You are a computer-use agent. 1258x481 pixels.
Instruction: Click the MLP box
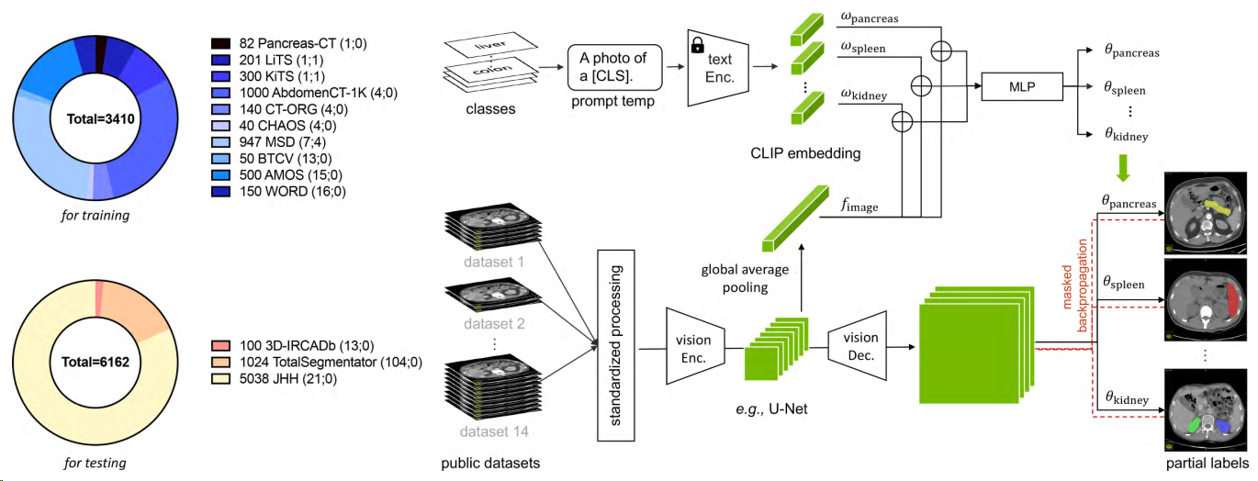(x=1019, y=87)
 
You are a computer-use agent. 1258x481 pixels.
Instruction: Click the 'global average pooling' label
(x=745, y=277)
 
